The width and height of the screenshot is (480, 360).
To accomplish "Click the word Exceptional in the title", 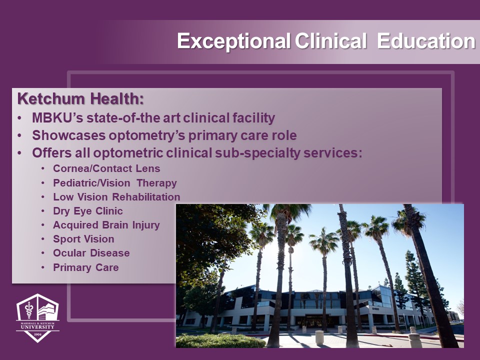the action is [x=234, y=41].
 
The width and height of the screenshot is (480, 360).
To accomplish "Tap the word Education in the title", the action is [x=426, y=40].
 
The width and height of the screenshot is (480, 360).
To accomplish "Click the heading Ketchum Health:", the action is [x=80, y=99].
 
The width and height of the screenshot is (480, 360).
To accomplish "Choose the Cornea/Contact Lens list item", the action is [x=106, y=168].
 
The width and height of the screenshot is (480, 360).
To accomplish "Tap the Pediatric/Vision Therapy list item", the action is [x=115, y=183].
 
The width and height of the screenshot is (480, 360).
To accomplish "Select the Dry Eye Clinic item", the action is [x=88, y=211].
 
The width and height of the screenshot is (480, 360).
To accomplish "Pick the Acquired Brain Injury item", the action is [x=106, y=225].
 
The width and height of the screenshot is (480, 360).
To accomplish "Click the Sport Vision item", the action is [x=83, y=239].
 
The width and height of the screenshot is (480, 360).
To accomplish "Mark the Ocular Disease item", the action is [x=91, y=253].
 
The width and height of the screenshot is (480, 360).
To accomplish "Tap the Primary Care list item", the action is [x=85, y=267].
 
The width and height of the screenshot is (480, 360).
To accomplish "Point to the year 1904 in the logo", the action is [x=37, y=334].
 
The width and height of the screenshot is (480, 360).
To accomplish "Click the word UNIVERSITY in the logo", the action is [x=37, y=326].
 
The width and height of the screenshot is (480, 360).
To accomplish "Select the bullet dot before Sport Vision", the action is [x=43, y=239].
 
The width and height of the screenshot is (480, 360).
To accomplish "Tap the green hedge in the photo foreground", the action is [x=220, y=340].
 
